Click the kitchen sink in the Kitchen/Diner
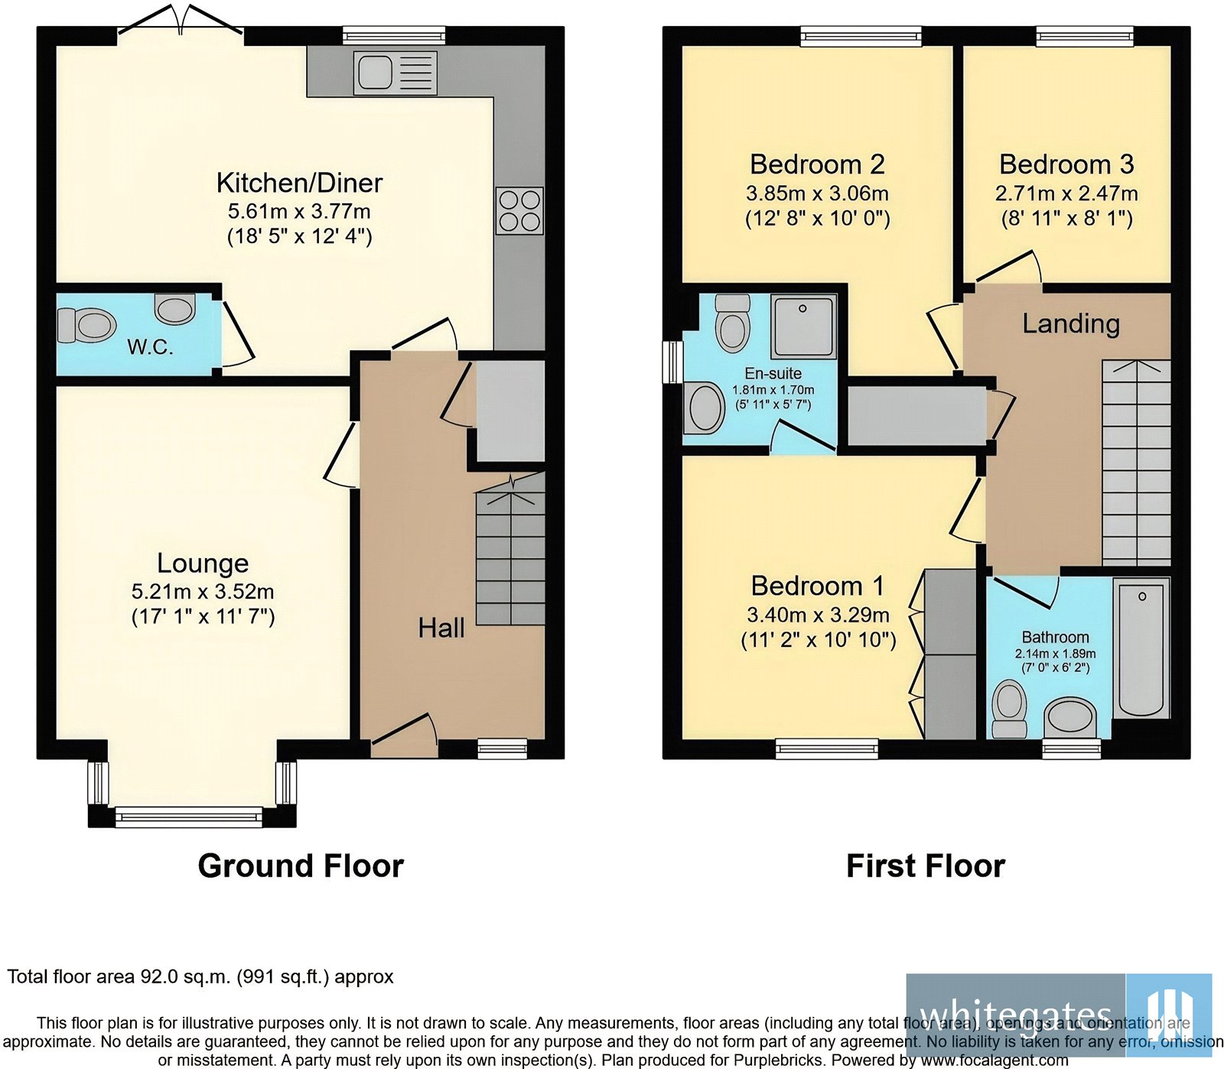(x=395, y=73)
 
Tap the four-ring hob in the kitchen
(x=520, y=211)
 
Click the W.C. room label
(x=150, y=348)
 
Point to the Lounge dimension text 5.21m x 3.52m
(x=203, y=591)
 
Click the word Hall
(x=441, y=629)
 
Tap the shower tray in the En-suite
(x=802, y=327)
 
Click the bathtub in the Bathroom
(x=1141, y=648)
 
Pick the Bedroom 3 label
(x=1066, y=164)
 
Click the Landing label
(x=1071, y=324)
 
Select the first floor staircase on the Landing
(x=1136, y=463)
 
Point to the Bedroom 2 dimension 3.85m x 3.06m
(x=817, y=194)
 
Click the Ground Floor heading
(x=301, y=866)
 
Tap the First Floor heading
(x=925, y=866)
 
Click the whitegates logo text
(x=1015, y=1014)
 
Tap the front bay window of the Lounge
(x=188, y=817)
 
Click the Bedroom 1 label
(x=817, y=586)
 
